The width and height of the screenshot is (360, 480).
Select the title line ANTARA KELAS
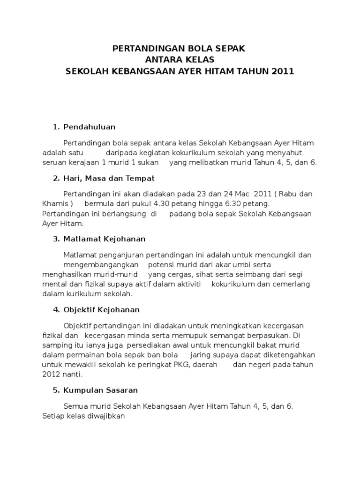pos(180,60)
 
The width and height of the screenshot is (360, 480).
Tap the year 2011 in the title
pos(282,72)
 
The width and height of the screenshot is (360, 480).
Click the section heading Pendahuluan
pos(89,127)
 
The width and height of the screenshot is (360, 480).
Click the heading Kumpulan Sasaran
pos(100,390)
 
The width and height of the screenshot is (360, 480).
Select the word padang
pos(182,214)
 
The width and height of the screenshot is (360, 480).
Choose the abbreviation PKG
pos(186,365)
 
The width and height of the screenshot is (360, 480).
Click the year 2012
pos(52,375)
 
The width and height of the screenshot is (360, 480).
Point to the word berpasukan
pos(266,336)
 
